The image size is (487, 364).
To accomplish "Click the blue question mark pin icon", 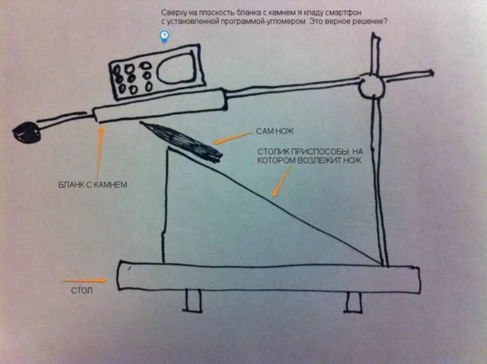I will (165, 36).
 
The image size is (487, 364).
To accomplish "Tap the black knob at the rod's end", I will (27, 132).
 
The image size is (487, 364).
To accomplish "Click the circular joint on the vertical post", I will (372, 86).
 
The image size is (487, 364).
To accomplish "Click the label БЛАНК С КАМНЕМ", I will (93, 185).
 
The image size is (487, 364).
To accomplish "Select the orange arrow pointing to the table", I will (85, 281).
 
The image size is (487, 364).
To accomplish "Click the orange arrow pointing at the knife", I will (232, 138).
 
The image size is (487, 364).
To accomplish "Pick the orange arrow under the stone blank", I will (100, 151).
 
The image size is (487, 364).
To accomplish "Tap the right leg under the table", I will (354, 302).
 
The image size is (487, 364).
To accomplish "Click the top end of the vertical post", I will (375, 37).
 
